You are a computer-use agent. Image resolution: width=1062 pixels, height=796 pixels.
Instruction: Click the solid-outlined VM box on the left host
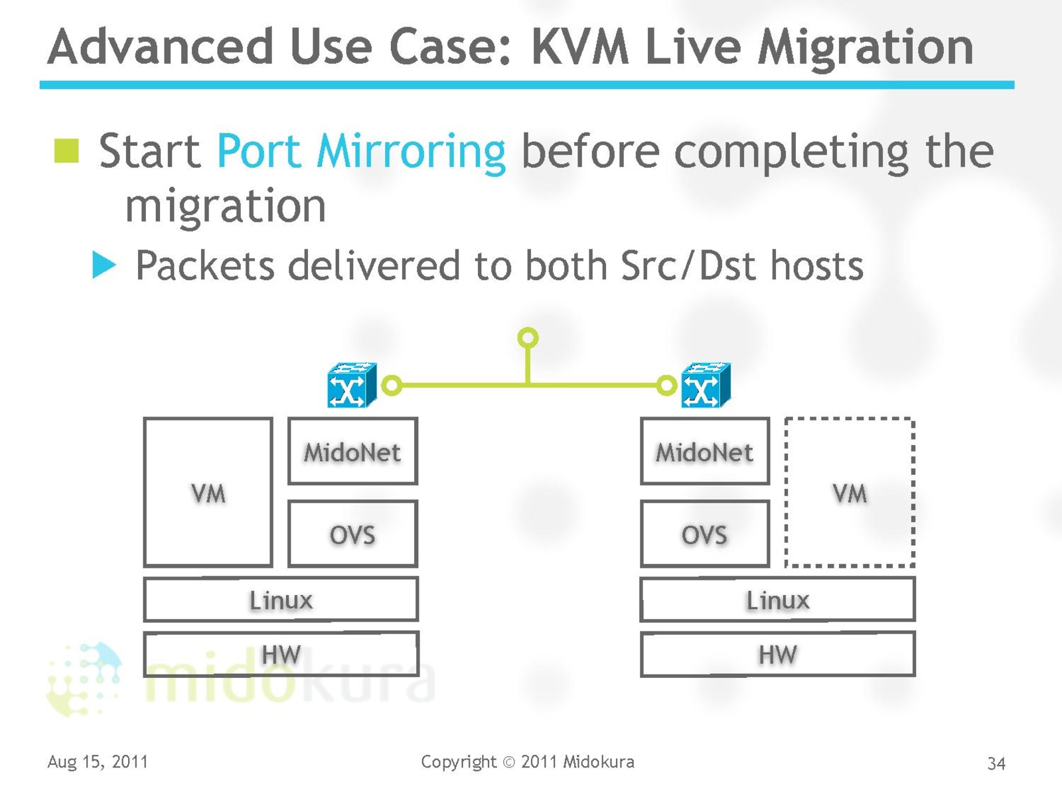[x=208, y=492]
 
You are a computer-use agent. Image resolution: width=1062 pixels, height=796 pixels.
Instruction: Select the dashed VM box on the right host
[x=850, y=492]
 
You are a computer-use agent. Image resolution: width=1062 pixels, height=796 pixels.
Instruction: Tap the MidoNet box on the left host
[x=352, y=452]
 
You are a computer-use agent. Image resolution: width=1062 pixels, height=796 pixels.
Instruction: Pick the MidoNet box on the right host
[x=704, y=452]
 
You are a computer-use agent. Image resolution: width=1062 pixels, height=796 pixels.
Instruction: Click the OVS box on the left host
[x=352, y=534]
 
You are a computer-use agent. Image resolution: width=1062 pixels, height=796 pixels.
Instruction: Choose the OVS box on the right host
[x=704, y=534]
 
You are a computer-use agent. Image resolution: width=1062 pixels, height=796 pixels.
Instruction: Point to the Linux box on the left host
[x=281, y=600]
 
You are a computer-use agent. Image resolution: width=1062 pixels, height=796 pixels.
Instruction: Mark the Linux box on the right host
[x=777, y=600]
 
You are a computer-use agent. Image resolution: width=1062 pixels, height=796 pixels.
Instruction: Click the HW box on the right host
[x=777, y=655]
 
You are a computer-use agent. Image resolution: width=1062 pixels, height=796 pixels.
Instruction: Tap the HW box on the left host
[x=281, y=655]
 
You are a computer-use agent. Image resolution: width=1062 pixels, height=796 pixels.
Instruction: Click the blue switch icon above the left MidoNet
[x=352, y=385]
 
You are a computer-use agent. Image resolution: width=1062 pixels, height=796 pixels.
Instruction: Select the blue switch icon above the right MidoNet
[x=706, y=385]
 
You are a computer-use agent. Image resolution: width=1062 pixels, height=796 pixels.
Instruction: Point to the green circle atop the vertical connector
[x=528, y=338]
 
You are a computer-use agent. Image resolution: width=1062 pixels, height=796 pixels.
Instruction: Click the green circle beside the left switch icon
[x=392, y=385]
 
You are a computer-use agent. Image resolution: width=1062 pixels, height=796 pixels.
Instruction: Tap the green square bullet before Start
[x=66, y=151]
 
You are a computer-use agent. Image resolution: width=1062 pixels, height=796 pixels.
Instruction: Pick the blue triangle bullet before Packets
[x=104, y=265]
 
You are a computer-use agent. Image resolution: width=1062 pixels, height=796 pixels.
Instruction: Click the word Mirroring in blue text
[x=411, y=151]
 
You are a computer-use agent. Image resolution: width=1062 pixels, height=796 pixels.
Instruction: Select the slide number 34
[x=996, y=763]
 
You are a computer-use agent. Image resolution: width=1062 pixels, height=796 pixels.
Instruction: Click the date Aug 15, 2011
[x=98, y=762]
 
